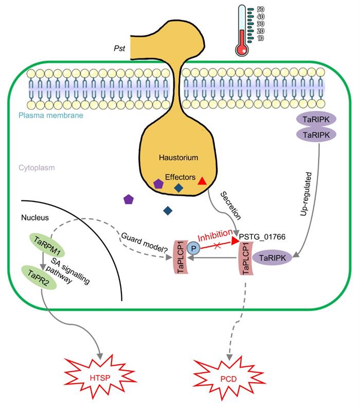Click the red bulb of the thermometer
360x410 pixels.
click(x=241, y=49)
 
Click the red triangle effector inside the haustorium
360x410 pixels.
click(x=202, y=181)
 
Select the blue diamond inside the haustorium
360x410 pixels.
click(x=178, y=188)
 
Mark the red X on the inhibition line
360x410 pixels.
click(x=217, y=247)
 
